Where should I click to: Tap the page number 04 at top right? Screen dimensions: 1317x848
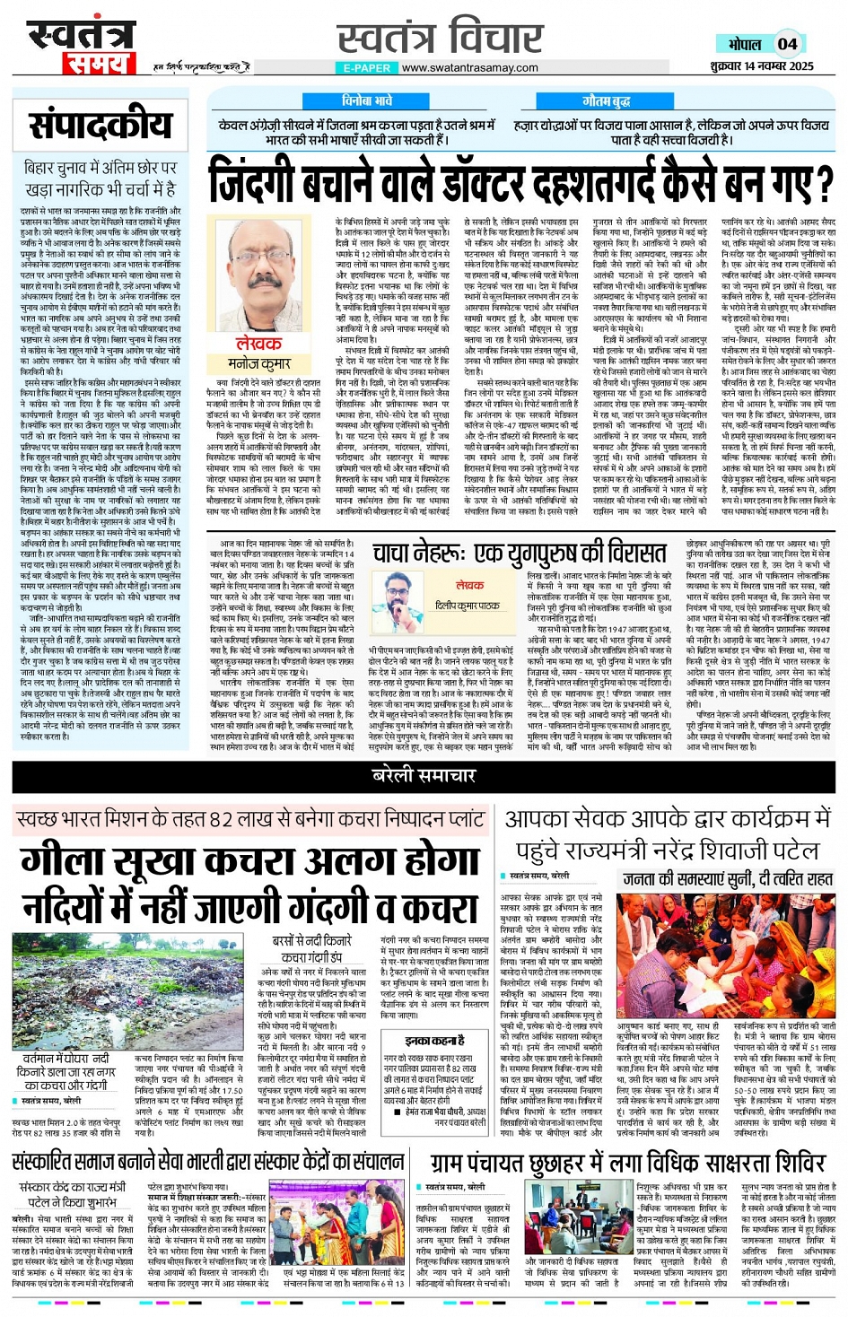point(787,44)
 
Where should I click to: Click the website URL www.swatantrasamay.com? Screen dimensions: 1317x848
point(469,67)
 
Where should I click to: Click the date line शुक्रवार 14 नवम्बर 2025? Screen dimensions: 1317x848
point(761,65)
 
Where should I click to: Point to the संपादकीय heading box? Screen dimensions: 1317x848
point(100,126)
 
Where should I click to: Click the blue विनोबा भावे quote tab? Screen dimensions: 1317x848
point(367,101)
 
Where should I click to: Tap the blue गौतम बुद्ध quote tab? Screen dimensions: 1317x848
point(607,101)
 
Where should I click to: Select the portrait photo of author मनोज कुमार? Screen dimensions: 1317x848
point(259,273)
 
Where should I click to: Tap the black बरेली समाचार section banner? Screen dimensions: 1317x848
point(424,775)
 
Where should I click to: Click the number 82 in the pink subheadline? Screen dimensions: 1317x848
point(221,819)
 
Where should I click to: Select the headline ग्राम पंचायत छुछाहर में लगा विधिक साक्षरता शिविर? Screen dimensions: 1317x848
point(615,1163)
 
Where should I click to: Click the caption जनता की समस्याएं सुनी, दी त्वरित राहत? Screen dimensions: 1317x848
point(728,879)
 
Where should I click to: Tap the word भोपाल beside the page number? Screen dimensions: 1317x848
point(745,44)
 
